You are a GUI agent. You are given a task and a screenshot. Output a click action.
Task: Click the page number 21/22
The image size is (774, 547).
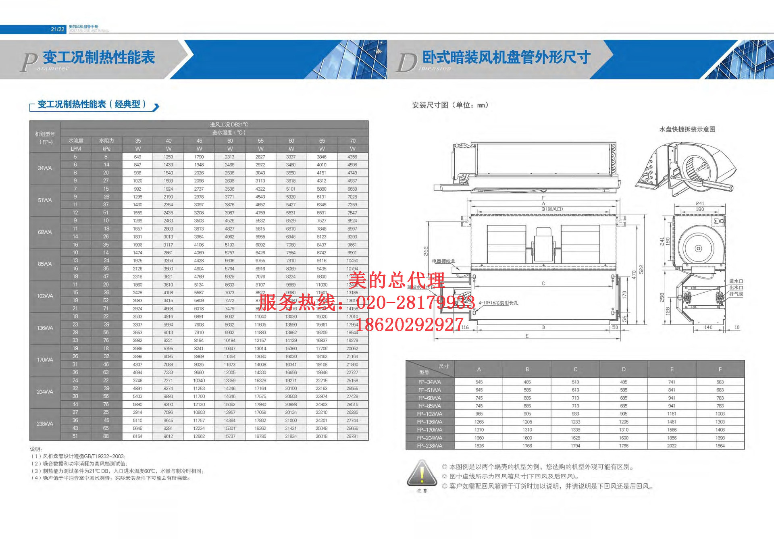click(x=57, y=29)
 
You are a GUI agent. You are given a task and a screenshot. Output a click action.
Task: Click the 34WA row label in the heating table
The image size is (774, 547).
click(x=45, y=168)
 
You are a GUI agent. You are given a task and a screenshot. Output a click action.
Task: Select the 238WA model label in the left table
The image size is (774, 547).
click(x=45, y=424)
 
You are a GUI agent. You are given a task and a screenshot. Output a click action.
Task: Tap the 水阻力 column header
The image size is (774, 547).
click(x=106, y=141)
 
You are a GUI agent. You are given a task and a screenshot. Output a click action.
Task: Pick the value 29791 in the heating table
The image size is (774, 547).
click(x=352, y=436)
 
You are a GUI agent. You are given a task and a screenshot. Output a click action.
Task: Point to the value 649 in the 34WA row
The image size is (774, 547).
click(x=137, y=157)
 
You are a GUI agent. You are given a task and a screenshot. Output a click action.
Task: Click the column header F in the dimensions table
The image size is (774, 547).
click(x=720, y=369)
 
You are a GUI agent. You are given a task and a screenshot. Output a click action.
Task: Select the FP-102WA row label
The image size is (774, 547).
click(x=429, y=414)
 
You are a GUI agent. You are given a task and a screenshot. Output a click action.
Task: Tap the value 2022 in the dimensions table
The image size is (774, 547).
click(x=672, y=446)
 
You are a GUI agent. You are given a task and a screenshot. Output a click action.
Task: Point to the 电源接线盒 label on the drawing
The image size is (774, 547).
click(x=443, y=261)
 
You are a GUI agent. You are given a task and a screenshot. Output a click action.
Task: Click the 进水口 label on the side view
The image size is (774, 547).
click(x=736, y=281)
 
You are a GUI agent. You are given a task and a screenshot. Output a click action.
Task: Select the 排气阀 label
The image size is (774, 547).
click(x=736, y=294)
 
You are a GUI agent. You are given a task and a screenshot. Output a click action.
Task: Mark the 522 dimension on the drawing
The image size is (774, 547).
click(x=641, y=270)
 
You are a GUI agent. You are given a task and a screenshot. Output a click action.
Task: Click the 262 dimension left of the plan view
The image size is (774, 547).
click(x=426, y=251)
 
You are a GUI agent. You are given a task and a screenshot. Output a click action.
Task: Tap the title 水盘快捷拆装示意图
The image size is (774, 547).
click(x=687, y=129)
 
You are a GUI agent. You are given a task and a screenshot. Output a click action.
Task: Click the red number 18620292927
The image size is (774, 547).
click(x=409, y=324)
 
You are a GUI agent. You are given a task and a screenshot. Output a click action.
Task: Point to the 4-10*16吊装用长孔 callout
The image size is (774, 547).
click(x=498, y=303)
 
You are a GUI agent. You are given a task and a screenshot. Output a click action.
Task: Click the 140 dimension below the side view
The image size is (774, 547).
click(x=708, y=327)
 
